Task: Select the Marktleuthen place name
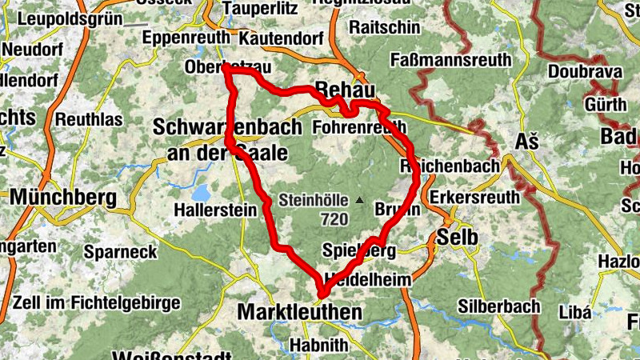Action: pyautogui.click(x=300, y=311)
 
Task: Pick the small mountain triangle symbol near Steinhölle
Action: pyautogui.click(x=359, y=200)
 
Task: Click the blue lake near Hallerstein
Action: pyautogui.click(x=200, y=193)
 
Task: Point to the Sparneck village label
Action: pyautogui.click(x=121, y=252)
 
